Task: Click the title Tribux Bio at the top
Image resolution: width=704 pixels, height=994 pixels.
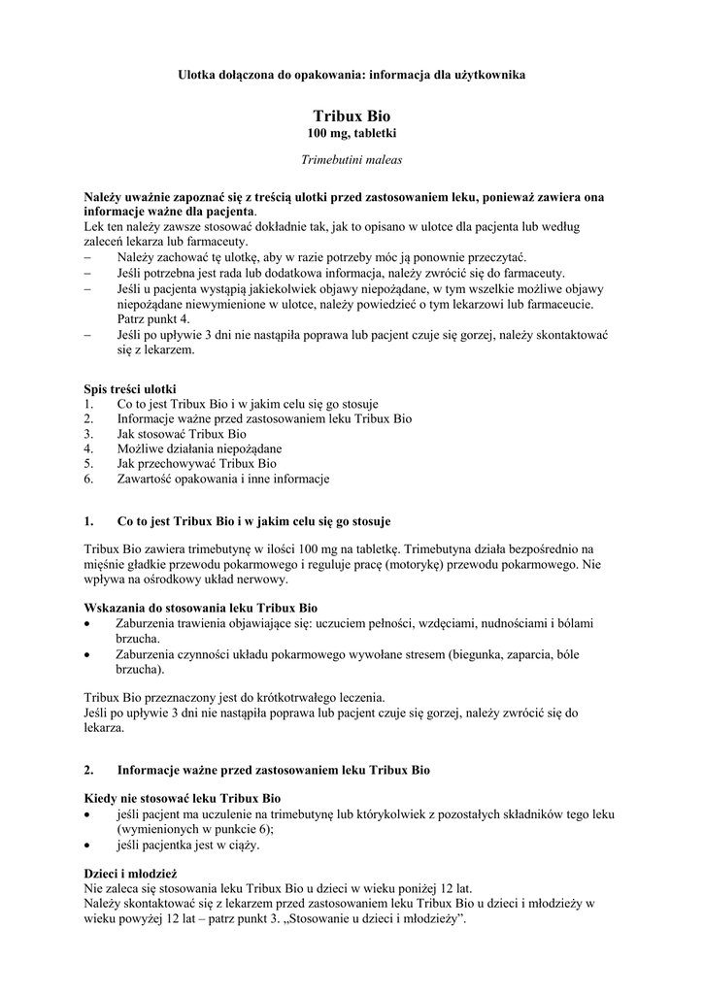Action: (352, 116)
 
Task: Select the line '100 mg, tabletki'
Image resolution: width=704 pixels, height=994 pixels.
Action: (352, 132)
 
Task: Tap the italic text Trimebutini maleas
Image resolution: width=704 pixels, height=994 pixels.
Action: (352, 158)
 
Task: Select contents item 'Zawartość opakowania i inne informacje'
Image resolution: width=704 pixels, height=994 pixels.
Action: (222, 479)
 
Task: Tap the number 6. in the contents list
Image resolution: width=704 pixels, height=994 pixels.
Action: (88, 479)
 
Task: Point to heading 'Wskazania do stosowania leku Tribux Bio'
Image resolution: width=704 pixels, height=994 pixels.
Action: (201, 608)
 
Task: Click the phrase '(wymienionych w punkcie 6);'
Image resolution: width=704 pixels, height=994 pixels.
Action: (195, 830)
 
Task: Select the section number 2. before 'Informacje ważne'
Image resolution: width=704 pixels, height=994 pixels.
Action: (88, 771)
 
